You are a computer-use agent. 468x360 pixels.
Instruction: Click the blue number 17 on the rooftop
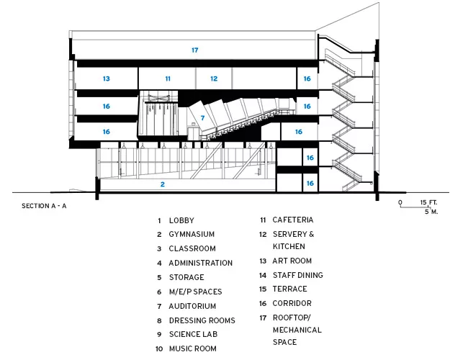195,50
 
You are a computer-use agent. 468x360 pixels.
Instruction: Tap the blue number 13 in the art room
107,78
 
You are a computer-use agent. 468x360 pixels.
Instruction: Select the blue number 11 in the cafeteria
168,78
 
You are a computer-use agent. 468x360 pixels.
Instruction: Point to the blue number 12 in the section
214,78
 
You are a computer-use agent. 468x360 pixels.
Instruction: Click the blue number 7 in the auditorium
202,118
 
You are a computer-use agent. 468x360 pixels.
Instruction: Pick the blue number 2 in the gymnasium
163,184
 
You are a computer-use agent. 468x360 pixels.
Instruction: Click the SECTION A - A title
44,206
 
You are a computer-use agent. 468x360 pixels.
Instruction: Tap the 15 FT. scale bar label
428,203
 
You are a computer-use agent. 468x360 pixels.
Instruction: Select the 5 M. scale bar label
431,212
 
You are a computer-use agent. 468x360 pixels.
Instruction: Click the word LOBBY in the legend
181,220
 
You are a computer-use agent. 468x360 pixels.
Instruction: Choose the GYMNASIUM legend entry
192,234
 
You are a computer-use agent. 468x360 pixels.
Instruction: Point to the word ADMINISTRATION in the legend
201,263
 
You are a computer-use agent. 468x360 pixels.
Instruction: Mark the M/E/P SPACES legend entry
196,292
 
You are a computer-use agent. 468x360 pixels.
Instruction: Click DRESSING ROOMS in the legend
202,320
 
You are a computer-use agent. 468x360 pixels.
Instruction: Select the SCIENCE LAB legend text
193,334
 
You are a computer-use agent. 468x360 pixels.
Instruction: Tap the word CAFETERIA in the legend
293,220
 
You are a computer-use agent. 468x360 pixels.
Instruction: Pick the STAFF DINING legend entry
298,275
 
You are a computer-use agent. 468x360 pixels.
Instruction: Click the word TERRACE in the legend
290,289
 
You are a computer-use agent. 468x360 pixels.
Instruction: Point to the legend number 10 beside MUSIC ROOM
159,349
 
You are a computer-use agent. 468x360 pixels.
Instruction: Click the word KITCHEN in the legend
284,246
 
